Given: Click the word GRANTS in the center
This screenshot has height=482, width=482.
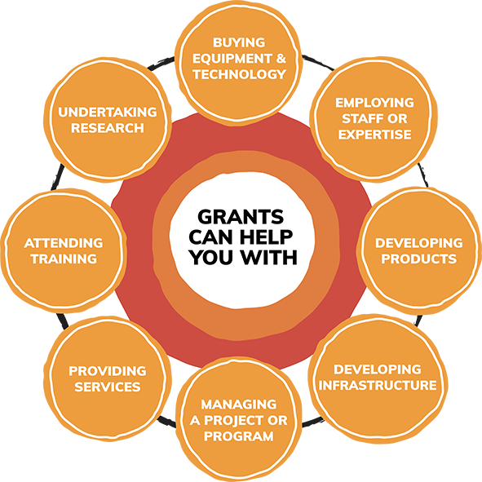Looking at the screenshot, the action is pyautogui.click(x=241, y=217).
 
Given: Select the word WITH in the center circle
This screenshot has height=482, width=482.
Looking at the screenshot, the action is pyautogui.click(x=269, y=257).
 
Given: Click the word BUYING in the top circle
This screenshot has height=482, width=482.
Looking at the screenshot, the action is pyautogui.click(x=239, y=42).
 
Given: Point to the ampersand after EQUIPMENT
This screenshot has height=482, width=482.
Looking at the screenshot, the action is pyautogui.click(x=281, y=59).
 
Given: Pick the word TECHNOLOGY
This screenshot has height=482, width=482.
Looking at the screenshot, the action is pyautogui.click(x=240, y=74).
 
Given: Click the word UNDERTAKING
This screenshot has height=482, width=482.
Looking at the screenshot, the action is pyautogui.click(x=108, y=112).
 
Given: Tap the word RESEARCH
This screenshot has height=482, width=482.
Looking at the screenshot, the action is pyautogui.click(x=108, y=128).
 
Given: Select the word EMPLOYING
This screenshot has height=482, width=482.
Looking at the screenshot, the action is pyautogui.click(x=374, y=103).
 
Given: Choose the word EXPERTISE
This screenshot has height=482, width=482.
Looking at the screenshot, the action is pyautogui.click(x=374, y=135).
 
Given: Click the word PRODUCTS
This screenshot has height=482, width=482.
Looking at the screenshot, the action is pyautogui.click(x=418, y=259).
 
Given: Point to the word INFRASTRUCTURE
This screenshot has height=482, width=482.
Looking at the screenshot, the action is pyautogui.click(x=378, y=385).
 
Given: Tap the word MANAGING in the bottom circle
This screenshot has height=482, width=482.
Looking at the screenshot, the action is pyautogui.click(x=239, y=405).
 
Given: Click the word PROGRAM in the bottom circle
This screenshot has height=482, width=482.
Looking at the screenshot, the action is pyautogui.click(x=239, y=436).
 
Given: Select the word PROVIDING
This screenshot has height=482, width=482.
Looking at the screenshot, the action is pyautogui.click(x=108, y=371).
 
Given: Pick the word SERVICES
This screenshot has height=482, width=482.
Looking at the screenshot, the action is pyautogui.click(x=108, y=387).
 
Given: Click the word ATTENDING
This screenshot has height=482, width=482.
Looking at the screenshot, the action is pyautogui.click(x=64, y=243).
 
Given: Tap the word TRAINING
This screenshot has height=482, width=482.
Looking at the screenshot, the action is pyautogui.click(x=64, y=259).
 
